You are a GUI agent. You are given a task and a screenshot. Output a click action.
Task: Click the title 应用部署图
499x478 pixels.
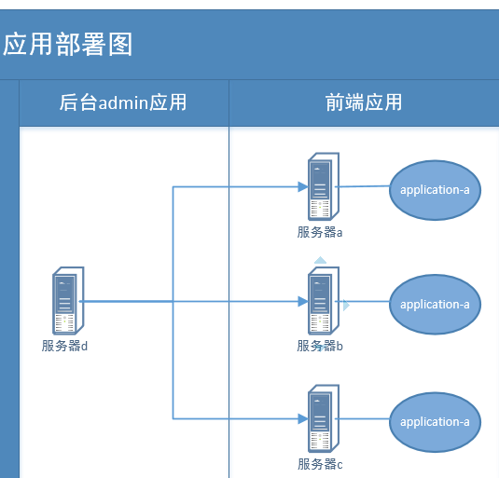pos(68,44)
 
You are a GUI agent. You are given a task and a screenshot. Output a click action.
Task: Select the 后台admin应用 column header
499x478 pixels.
pos(123,102)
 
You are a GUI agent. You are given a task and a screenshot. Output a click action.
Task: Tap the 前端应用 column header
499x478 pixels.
pos(358,102)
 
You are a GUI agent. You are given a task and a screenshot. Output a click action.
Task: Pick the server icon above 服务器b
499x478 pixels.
pos(323,302)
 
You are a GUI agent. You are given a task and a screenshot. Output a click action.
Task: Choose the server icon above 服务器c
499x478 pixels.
pos(323,418)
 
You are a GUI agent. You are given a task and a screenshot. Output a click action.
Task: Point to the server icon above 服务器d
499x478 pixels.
pos(67,302)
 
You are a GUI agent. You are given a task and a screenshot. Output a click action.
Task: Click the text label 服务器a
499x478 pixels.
pos(320,232)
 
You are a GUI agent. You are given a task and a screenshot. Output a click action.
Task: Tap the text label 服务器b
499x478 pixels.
pos(320,346)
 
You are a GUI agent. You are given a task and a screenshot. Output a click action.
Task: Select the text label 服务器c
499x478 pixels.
pos(320,464)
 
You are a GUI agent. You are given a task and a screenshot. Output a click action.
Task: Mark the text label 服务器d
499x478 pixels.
pos(64,346)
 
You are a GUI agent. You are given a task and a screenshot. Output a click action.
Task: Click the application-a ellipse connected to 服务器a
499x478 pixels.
pos(435,190)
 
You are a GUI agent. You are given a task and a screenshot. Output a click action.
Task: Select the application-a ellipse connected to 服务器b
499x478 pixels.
pos(435,305)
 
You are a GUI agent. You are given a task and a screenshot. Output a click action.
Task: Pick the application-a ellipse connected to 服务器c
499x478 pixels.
pos(435,422)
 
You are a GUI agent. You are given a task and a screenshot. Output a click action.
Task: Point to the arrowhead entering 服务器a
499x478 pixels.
pos(302,187)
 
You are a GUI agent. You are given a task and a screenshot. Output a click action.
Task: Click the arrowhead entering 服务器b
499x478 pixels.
pos(302,302)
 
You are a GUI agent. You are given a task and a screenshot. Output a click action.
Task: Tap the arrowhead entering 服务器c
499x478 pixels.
pos(302,419)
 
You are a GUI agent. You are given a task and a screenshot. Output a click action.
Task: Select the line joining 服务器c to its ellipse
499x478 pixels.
pos(364,420)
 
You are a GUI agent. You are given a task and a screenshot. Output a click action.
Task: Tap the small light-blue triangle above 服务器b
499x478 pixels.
pos(321,261)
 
